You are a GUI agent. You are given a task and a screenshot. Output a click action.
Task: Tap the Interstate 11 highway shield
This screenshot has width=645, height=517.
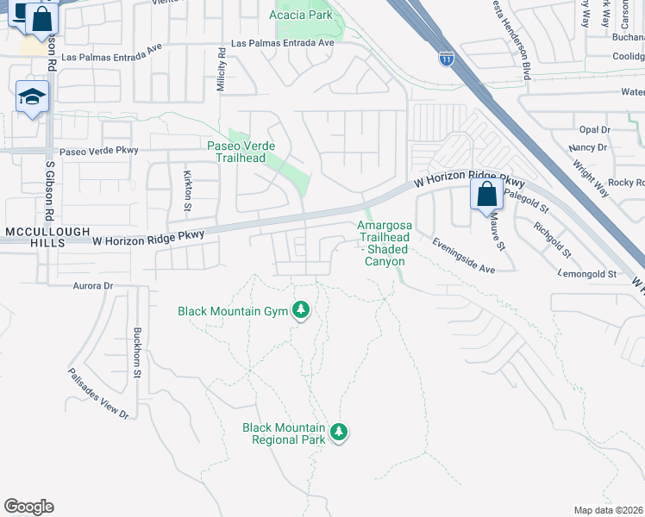click(446, 59)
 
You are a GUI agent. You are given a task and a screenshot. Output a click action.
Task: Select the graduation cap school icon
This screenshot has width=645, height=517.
click(32, 97)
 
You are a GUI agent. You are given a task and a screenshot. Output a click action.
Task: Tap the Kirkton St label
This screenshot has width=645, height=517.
click(188, 190)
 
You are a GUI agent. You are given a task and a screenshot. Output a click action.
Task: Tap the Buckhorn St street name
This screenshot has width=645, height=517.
click(136, 353)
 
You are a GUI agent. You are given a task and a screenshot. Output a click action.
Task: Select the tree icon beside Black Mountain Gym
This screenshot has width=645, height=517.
click(300, 309)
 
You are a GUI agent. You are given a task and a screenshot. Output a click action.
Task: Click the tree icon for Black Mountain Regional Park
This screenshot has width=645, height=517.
click(339, 431)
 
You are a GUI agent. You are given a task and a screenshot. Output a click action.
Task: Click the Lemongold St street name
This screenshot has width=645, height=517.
click(586, 274)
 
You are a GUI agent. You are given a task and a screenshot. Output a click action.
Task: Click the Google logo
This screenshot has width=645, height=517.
click(28, 507)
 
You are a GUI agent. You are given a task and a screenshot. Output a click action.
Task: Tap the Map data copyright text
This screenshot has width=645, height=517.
click(608, 510)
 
